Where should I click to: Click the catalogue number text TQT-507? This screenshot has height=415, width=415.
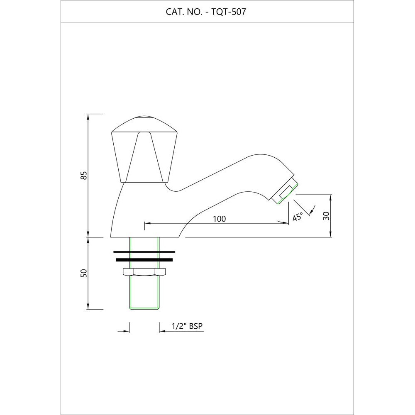(229, 12)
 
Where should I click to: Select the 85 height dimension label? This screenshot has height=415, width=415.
(84, 175)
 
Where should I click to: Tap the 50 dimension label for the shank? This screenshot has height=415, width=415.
(84, 273)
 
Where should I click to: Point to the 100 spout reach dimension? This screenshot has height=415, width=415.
(220, 219)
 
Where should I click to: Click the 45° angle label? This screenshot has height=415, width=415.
(298, 217)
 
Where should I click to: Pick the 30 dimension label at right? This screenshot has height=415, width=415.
(327, 216)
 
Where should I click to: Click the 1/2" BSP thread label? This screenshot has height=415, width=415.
(187, 326)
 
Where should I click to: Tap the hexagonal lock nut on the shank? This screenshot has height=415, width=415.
(144, 272)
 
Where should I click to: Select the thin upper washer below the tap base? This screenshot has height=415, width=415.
(144, 252)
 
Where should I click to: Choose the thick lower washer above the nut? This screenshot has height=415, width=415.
(144, 260)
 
